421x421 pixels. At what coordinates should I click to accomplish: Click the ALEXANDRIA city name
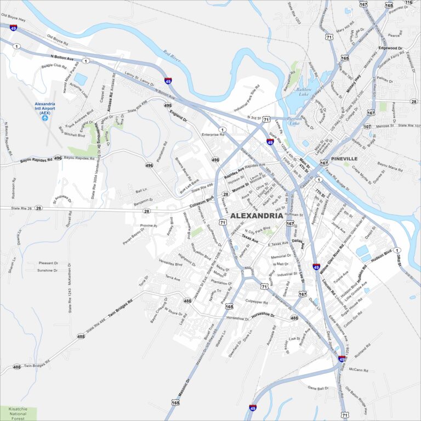pos(257,215)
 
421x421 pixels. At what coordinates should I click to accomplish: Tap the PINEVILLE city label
pos(344,158)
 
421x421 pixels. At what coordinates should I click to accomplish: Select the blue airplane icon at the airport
pos(45,117)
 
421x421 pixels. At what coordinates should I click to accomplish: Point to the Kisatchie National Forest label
pos(18,413)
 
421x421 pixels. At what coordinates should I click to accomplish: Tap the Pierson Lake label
pos(294,121)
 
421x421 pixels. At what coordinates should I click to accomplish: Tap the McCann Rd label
pos(359,370)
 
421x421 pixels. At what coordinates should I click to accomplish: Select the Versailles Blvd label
pos(170,263)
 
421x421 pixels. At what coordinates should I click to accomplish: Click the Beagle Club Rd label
pos(54,67)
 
